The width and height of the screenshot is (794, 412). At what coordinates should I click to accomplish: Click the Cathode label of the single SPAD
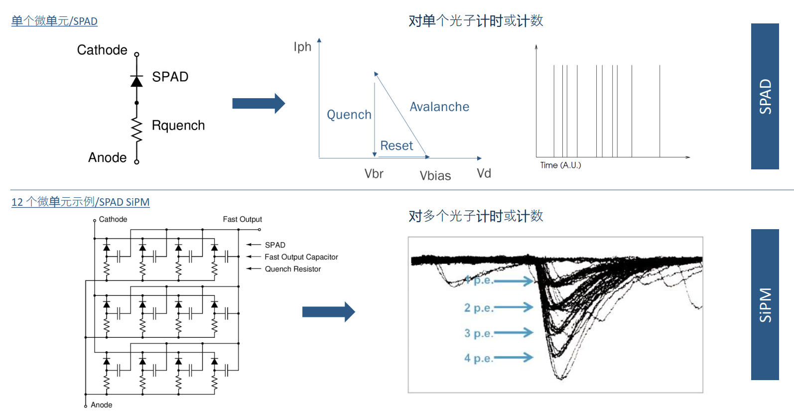click(x=102, y=50)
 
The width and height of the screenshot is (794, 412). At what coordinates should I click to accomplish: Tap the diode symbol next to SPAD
click(x=136, y=81)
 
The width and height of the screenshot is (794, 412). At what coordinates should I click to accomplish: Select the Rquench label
click(x=178, y=126)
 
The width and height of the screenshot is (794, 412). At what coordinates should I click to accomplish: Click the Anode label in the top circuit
click(x=107, y=157)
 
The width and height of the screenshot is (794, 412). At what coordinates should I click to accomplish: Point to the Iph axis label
click(x=302, y=47)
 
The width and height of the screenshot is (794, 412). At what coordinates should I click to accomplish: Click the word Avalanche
click(x=439, y=107)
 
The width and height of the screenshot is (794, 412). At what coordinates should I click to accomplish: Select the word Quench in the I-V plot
click(x=349, y=115)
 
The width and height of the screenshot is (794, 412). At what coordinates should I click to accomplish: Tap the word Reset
click(x=397, y=146)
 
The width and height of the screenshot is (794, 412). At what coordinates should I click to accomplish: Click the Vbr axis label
click(x=374, y=174)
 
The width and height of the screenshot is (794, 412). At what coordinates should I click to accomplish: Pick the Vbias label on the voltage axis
click(x=435, y=176)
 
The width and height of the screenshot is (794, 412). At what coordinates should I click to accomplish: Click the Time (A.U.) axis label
click(x=560, y=165)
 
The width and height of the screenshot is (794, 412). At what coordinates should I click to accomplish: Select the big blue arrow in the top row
click(x=258, y=104)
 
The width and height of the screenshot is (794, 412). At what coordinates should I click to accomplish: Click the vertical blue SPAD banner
click(x=765, y=96)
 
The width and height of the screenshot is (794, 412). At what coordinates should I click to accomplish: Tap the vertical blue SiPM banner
click(x=765, y=304)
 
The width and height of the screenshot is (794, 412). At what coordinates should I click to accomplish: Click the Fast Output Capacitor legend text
click(x=301, y=257)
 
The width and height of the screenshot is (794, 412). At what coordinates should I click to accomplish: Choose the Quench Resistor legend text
click(x=292, y=269)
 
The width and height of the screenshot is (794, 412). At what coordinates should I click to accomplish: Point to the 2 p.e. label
click(x=478, y=308)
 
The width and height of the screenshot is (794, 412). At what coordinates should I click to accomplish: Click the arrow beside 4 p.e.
click(x=513, y=357)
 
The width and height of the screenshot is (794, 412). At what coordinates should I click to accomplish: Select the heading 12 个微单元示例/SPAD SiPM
click(x=80, y=202)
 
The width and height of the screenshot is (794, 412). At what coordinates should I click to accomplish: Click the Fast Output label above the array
click(x=242, y=219)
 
